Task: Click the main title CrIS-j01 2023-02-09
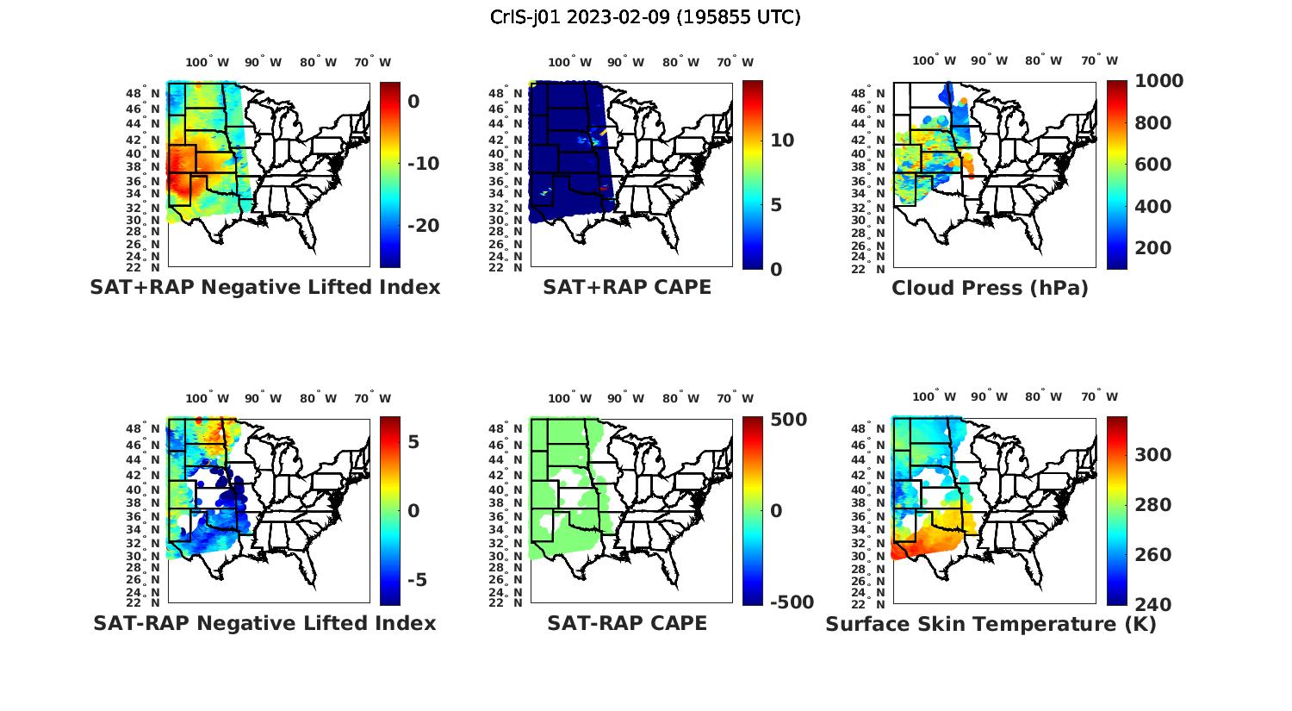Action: (x=645, y=17)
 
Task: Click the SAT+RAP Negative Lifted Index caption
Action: (x=265, y=287)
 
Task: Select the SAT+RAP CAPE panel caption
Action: (x=627, y=287)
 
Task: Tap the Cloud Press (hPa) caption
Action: (x=990, y=288)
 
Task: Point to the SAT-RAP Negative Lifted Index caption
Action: (x=264, y=623)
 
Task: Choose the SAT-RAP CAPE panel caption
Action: (x=627, y=623)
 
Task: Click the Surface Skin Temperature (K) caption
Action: (x=991, y=624)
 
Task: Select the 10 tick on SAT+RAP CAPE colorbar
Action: (x=782, y=140)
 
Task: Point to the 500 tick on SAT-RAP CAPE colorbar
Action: (x=788, y=420)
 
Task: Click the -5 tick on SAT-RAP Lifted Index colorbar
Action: (x=417, y=580)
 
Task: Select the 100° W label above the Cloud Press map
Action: (x=934, y=60)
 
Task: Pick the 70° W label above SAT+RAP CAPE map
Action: (x=736, y=62)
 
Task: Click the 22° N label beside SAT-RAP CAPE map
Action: (x=506, y=602)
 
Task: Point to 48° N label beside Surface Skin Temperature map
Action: (x=869, y=428)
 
